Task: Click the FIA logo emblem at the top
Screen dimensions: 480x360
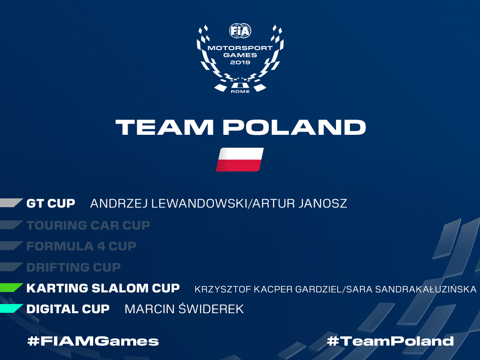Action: click(240, 31)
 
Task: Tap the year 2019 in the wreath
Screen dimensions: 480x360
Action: click(240, 62)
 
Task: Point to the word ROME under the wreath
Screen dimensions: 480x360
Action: click(240, 92)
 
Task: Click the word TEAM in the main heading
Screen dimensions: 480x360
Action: click(164, 127)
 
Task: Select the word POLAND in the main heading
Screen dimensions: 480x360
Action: click(294, 127)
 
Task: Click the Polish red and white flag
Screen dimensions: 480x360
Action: click(240, 160)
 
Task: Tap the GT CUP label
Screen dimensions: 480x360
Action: click(51, 204)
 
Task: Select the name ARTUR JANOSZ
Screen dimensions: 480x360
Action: click(300, 204)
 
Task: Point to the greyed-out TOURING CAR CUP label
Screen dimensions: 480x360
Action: click(88, 225)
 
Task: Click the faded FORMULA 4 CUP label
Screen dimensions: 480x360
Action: click(81, 246)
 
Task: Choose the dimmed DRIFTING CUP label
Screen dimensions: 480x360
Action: click(74, 267)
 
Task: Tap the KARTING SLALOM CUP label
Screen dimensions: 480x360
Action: click(103, 288)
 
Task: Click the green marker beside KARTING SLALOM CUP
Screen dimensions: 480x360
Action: click(11, 288)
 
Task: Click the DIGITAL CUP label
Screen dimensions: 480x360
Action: click(68, 309)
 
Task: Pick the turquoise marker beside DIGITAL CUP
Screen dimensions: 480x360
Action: click(11, 308)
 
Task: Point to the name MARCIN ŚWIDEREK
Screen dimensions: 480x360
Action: click(184, 309)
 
